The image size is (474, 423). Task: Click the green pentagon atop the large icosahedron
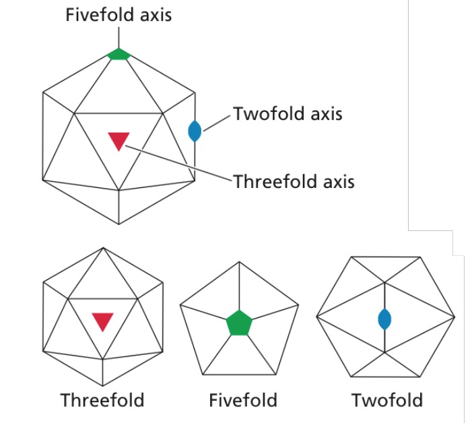(x=118, y=55)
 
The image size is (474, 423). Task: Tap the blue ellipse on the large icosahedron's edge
(x=195, y=130)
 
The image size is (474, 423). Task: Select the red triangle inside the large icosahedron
(x=118, y=141)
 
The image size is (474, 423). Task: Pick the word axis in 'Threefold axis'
(x=335, y=181)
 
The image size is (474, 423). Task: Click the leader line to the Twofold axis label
(x=217, y=121)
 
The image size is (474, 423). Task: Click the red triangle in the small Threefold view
(x=102, y=322)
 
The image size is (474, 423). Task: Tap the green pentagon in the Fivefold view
(x=238, y=323)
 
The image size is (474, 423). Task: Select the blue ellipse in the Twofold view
(x=384, y=319)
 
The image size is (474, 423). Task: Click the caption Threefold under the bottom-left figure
(x=102, y=400)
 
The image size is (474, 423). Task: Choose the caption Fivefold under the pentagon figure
(x=243, y=400)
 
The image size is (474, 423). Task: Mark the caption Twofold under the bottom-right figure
(x=387, y=400)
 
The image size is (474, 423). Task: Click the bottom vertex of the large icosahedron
(x=119, y=224)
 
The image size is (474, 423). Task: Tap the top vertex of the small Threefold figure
(x=102, y=247)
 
